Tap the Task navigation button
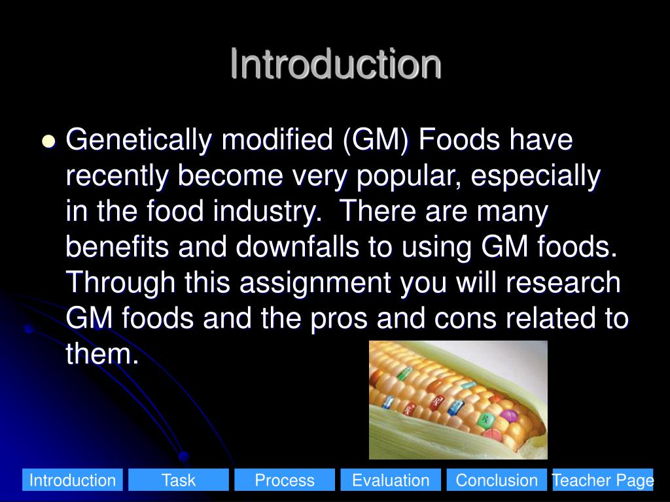[179, 480]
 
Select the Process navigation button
[285, 480]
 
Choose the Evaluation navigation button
[391, 480]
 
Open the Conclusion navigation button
[497, 480]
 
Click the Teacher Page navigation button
[603, 480]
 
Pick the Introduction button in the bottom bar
[73, 480]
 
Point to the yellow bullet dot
[48, 142]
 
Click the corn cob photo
[458, 399]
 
